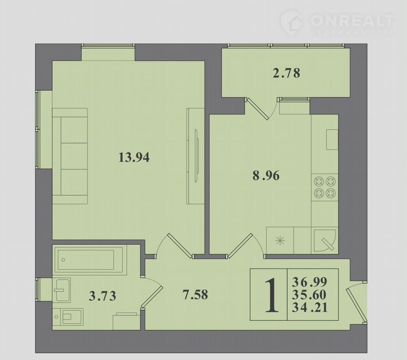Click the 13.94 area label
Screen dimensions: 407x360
click(134, 157)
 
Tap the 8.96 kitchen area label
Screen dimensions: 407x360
click(266, 176)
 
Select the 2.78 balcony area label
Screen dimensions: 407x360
click(286, 73)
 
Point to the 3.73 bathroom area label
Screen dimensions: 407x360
click(102, 296)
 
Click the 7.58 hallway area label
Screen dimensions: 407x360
click(195, 295)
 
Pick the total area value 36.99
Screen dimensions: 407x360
click(310, 281)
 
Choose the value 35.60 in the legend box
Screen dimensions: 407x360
click(309, 295)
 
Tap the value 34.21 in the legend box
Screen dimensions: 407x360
click(310, 308)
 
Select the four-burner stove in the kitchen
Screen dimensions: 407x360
click(325, 187)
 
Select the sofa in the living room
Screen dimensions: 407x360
click(70, 156)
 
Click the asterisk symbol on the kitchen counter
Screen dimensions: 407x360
click(280, 241)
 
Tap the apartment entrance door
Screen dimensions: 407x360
click(357, 302)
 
